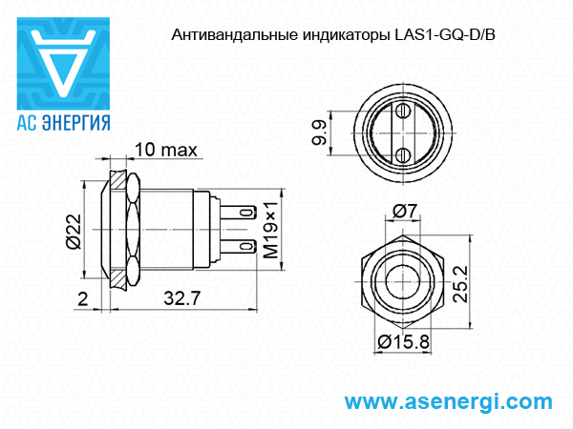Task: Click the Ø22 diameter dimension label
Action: (x=74, y=232)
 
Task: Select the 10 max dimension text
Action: (x=166, y=150)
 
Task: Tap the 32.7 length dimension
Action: (x=182, y=298)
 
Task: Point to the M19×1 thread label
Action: (x=270, y=230)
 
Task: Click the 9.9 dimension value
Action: (x=319, y=133)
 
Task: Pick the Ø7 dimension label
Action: (x=405, y=211)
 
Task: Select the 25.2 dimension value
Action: (x=460, y=284)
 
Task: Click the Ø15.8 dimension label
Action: (x=403, y=342)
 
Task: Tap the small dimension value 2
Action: (x=83, y=298)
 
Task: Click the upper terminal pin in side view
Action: (x=238, y=213)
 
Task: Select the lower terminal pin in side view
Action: (x=238, y=247)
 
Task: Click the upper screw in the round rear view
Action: (x=403, y=111)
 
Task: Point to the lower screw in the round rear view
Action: (x=403, y=155)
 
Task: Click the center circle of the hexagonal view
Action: (x=403, y=282)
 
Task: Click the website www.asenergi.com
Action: (x=449, y=402)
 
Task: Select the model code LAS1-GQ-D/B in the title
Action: (x=445, y=35)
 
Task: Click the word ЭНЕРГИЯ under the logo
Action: (x=76, y=123)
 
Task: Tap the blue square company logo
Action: (x=63, y=64)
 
